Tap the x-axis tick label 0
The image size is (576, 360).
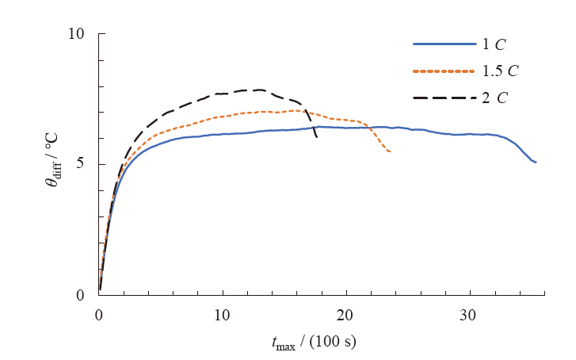click(99, 314)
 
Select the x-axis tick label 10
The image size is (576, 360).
click(223, 314)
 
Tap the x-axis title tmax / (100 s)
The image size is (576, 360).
click(315, 343)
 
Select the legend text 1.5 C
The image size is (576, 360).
click(500, 71)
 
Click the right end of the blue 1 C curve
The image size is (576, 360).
click(536, 163)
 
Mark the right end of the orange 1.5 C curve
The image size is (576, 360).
click(390, 151)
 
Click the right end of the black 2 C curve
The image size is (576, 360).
click(317, 138)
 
